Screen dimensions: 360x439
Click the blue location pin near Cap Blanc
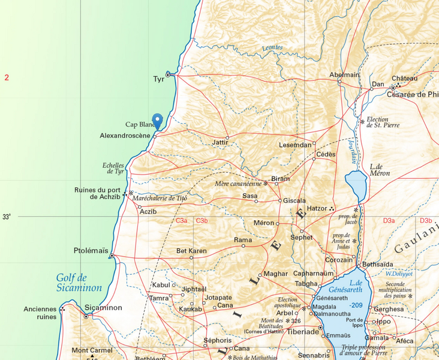(x=158, y=121)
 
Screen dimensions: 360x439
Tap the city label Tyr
(x=158, y=79)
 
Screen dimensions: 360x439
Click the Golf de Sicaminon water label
(x=79, y=283)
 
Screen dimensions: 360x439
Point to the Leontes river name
(x=272, y=48)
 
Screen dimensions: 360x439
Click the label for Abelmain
(x=344, y=74)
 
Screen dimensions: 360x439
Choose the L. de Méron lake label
(x=380, y=170)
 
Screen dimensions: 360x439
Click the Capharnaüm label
(x=312, y=273)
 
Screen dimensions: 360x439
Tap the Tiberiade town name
(x=303, y=331)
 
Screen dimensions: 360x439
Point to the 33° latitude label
(x=7, y=217)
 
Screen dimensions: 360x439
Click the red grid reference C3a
(x=181, y=221)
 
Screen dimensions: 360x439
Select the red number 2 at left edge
(x=7, y=77)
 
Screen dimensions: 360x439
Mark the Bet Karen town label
(x=191, y=250)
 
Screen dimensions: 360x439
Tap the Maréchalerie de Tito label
(x=161, y=198)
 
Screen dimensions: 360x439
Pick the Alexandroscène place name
(x=125, y=136)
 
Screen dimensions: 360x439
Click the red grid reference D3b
(x=425, y=221)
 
